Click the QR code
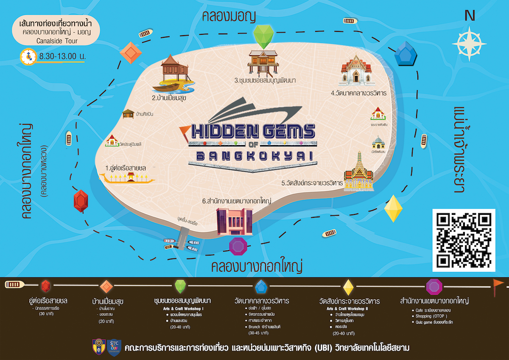coord(464,240)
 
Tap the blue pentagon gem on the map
coord(406,53)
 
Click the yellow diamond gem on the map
coord(393,208)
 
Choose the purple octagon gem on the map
coord(238,246)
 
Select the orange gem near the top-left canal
coord(130,52)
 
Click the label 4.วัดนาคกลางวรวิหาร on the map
coord(359,93)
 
